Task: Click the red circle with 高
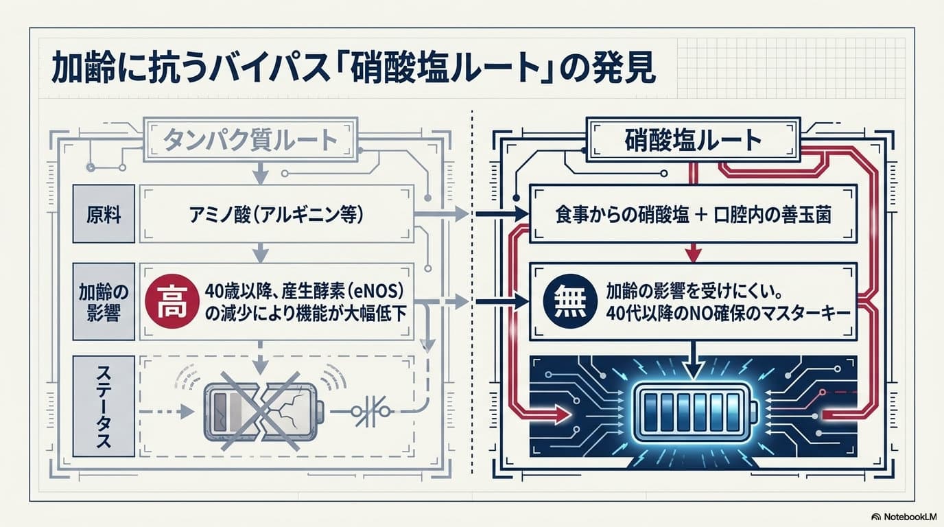point(172,302)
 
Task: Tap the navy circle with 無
point(570,302)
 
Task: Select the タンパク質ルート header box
point(251,139)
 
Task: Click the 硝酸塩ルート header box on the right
point(693,139)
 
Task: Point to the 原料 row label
point(104,214)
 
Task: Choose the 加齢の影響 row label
point(104,302)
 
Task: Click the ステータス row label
point(104,406)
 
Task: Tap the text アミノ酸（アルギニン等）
point(276,215)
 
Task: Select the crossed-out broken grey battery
point(263,412)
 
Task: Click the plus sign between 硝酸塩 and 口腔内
point(701,215)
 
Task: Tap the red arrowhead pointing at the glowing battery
point(562,414)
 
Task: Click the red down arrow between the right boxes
point(693,253)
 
